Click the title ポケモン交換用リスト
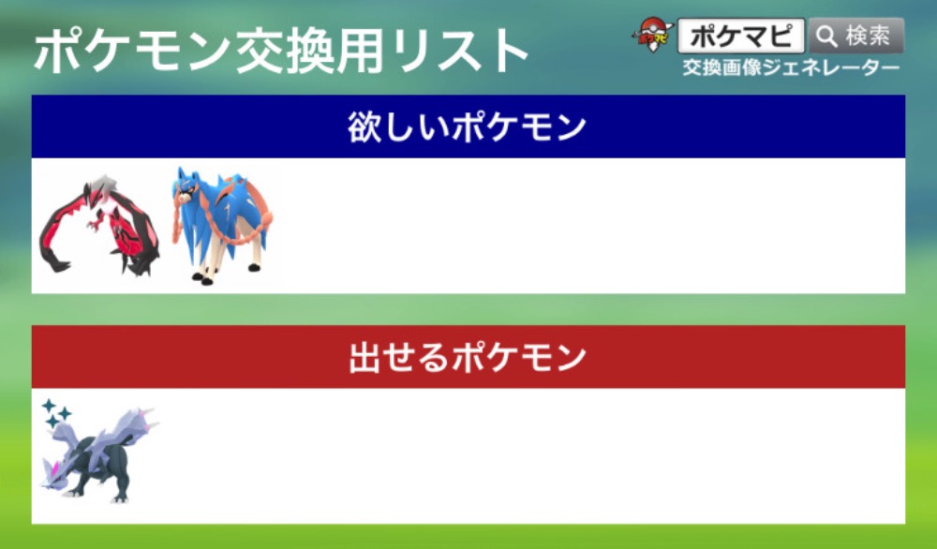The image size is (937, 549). [x=280, y=52]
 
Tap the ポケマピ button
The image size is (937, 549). [x=741, y=36]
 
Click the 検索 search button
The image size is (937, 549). [x=855, y=36]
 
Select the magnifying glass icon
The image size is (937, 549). [x=827, y=37]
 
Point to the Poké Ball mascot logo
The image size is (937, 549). [x=653, y=35]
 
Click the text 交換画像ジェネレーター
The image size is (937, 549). [x=791, y=67]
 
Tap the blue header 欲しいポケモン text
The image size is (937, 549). [x=467, y=127]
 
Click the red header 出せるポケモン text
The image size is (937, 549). [x=467, y=357]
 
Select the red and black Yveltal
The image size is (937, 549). [x=98, y=226]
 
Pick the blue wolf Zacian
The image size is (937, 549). [x=222, y=226]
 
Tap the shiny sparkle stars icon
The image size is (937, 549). [x=55, y=413]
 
